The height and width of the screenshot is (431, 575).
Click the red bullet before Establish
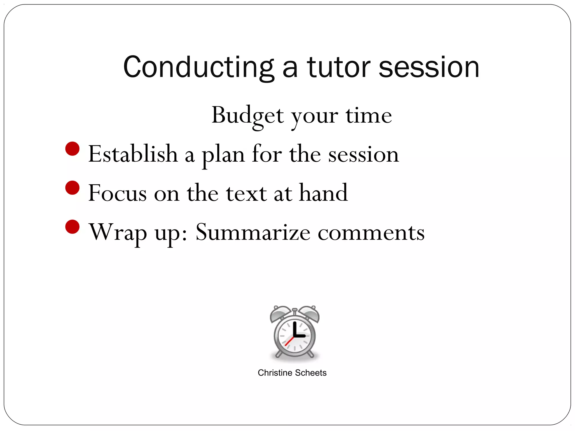coord(72,149)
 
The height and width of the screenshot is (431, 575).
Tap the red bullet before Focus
coord(72,188)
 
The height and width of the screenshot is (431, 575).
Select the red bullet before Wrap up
coord(72,227)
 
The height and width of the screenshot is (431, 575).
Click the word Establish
coord(133,154)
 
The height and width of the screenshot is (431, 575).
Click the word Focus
coord(117,193)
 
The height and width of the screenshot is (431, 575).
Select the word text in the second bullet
coord(247,193)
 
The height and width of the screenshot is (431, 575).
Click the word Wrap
coord(118,232)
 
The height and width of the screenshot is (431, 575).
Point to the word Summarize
coord(253,232)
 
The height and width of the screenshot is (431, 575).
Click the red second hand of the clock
coord(289,341)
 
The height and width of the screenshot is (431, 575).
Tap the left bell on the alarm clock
coord(279,314)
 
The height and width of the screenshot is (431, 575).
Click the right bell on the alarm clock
coord(310,314)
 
